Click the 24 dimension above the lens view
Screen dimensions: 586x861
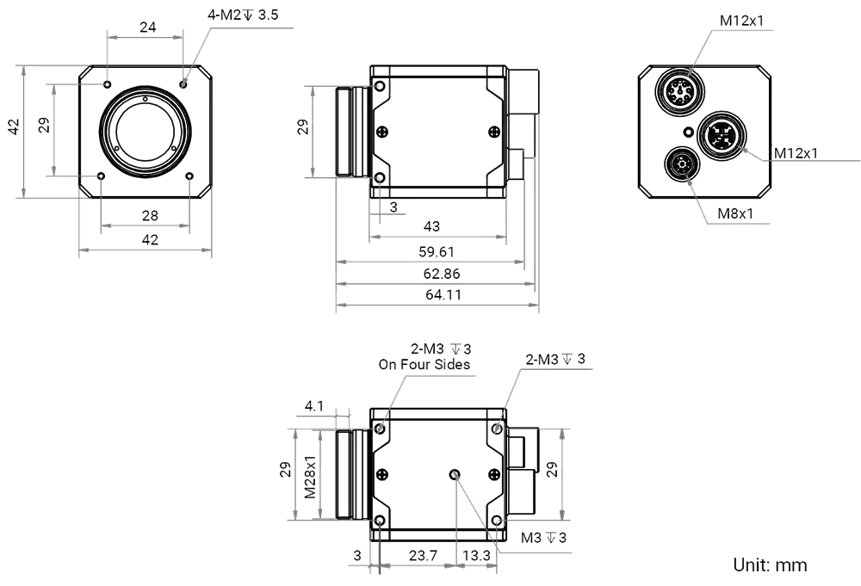pyautogui.click(x=147, y=28)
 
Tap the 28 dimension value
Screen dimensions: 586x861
pyautogui.click(x=149, y=214)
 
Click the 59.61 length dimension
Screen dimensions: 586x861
pyautogui.click(x=437, y=252)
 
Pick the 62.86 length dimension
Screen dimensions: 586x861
pyautogui.click(x=439, y=274)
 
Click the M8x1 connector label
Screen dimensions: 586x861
pyautogui.click(x=738, y=213)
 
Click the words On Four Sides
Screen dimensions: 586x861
pyautogui.click(x=425, y=365)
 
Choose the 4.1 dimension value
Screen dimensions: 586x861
pyautogui.click(x=313, y=406)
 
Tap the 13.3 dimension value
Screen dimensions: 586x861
pyautogui.click(x=475, y=557)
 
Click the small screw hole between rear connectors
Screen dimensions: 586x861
pyautogui.click(x=688, y=133)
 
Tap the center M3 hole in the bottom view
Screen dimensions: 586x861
pyautogui.click(x=454, y=474)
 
